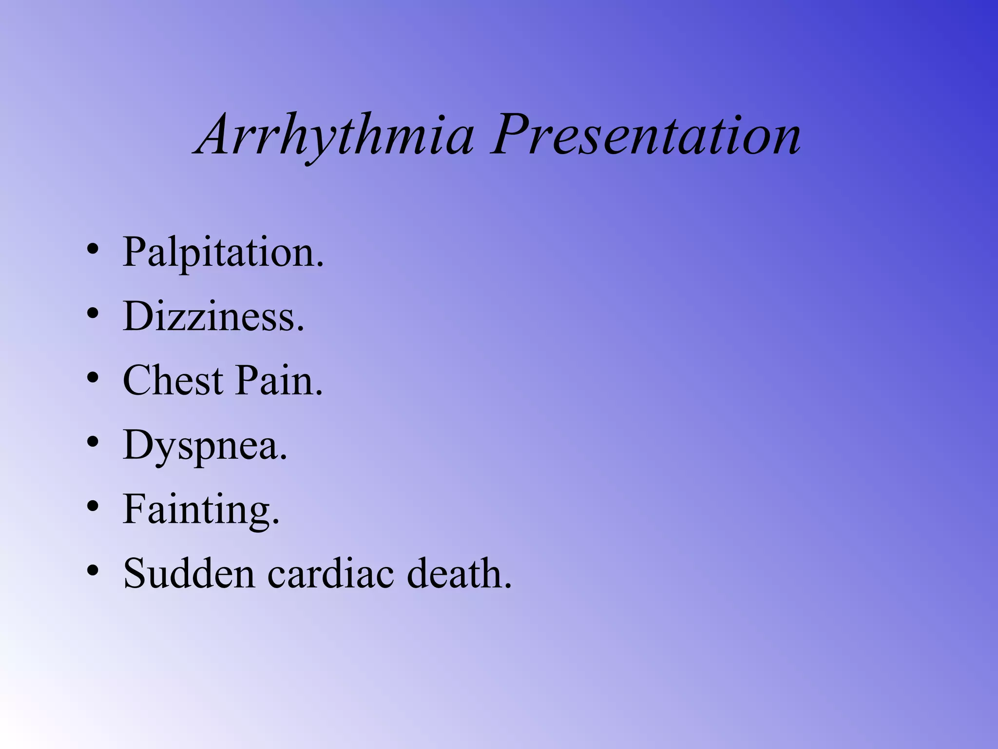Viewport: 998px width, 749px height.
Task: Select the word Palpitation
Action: (223, 253)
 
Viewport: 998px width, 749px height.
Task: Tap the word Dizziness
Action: (213, 316)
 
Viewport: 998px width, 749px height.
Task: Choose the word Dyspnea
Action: (205, 445)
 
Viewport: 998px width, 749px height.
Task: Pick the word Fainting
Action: (201, 510)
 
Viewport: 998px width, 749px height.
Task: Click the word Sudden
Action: (189, 573)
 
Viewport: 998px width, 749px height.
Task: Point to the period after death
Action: (508, 587)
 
